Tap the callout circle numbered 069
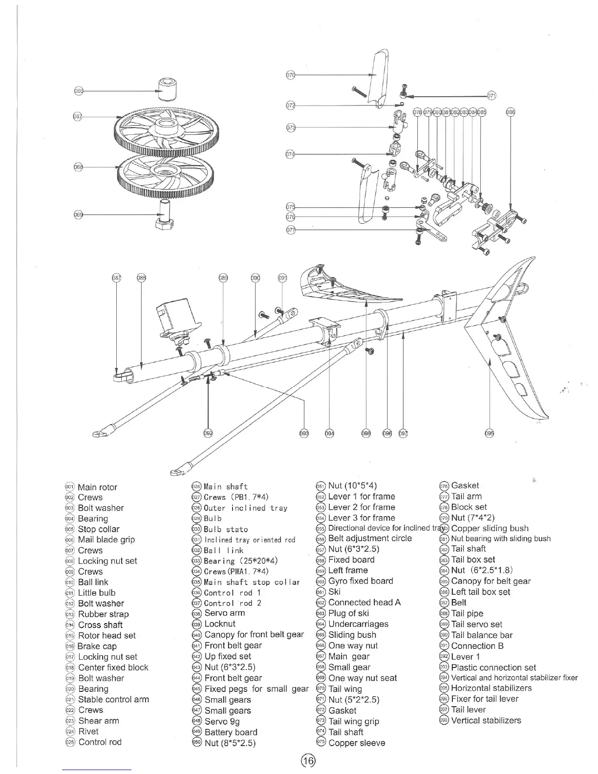pos(78,215)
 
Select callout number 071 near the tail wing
pos(491,95)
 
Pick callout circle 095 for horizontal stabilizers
pos(490,433)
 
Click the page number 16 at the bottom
pos(308,760)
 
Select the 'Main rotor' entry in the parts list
pos(97,487)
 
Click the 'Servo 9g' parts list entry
pos(222,721)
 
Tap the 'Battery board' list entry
pos(231,732)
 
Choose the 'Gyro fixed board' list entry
pos(361,581)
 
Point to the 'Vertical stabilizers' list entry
pos(486,720)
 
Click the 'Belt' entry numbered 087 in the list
pos(458,602)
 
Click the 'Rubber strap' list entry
pos(103,614)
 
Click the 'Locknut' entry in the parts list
pos(220,623)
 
